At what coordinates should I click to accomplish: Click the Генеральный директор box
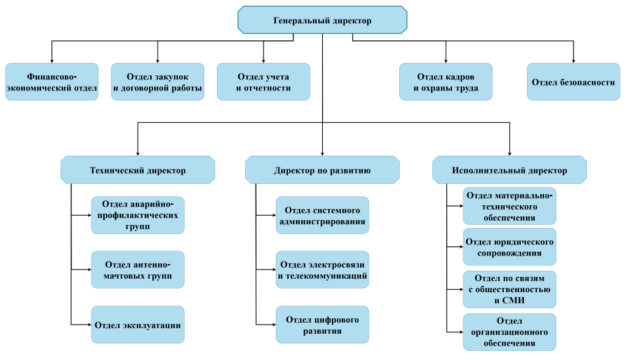(322, 20)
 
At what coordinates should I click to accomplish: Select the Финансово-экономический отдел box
(51, 82)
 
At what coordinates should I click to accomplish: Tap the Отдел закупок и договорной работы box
(158, 82)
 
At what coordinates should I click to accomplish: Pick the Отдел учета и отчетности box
(263, 82)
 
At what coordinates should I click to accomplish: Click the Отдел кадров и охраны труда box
(446, 82)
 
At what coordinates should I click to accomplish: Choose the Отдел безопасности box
(573, 82)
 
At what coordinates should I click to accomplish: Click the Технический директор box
(138, 170)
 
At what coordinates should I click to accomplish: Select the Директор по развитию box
(322, 170)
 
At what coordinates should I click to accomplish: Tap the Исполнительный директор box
(509, 170)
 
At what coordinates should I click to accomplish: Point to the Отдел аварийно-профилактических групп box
(138, 215)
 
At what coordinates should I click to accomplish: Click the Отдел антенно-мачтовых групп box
(138, 270)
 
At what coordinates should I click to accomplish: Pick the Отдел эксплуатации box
(138, 325)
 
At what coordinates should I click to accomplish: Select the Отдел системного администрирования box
(322, 215)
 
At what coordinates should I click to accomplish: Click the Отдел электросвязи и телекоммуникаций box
(322, 270)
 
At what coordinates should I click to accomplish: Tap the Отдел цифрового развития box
(322, 325)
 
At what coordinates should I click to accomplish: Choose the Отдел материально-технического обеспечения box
(509, 206)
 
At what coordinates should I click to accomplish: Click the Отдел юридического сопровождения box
(509, 247)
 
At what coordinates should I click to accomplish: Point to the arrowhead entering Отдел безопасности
(573, 61)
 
